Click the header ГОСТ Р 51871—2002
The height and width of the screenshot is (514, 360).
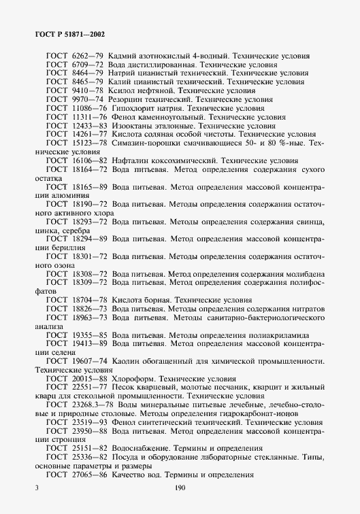67,33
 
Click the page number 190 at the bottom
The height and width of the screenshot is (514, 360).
180,488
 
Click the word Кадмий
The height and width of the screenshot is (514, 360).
124,55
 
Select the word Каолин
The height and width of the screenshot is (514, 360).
125,362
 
